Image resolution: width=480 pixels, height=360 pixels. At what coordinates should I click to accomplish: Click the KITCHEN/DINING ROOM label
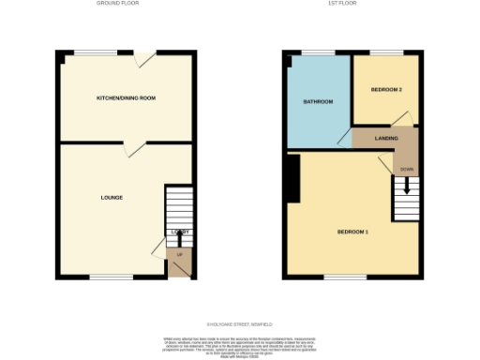click(x=126, y=97)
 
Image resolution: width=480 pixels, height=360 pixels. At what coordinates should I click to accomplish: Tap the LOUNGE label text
click(x=112, y=197)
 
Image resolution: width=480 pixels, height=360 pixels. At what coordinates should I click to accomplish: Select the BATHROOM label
click(x=317, y=101)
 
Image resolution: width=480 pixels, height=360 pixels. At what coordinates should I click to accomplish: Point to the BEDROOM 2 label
click(x=386, y=89)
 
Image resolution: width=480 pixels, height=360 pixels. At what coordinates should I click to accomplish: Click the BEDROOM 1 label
click(x=352, y=231)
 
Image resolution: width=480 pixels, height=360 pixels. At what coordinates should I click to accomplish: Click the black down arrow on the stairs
click(x=406, y=186)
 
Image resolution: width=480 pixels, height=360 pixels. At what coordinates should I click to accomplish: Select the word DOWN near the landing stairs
click(x=406, y=169)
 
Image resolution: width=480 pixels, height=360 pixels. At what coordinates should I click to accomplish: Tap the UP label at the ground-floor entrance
click(x=178, y=254)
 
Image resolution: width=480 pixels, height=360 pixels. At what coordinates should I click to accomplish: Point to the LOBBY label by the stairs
click(x=179, y=232)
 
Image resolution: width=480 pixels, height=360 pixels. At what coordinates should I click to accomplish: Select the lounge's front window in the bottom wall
click(x=112, y=277)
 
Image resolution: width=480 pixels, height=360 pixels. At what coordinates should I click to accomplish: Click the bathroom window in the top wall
click(x=318, y=52)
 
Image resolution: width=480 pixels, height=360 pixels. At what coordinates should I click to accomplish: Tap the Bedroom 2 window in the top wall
click(x=386, y=52)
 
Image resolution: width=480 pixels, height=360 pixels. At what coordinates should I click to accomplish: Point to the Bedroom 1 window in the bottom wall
click(x=345, y=277)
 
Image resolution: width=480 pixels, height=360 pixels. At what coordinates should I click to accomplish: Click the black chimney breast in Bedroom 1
click(x=293, y=179)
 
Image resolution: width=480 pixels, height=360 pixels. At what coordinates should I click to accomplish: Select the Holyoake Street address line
click(x=239, y=324)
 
